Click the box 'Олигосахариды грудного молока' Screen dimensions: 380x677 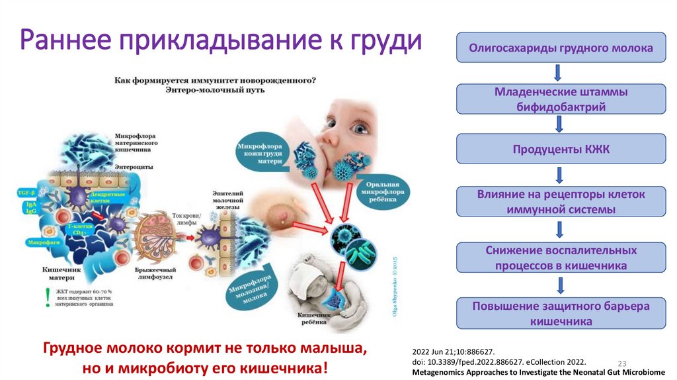561,48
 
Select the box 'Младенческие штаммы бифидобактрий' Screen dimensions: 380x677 561,99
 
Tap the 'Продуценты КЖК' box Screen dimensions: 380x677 561,150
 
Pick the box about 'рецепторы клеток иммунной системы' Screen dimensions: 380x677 561,201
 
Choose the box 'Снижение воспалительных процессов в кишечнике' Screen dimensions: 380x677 561,258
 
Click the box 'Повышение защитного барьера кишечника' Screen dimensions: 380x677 561,313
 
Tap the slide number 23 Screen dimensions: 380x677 621,363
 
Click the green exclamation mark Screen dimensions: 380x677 47,298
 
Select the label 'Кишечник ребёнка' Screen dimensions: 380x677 311,318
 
